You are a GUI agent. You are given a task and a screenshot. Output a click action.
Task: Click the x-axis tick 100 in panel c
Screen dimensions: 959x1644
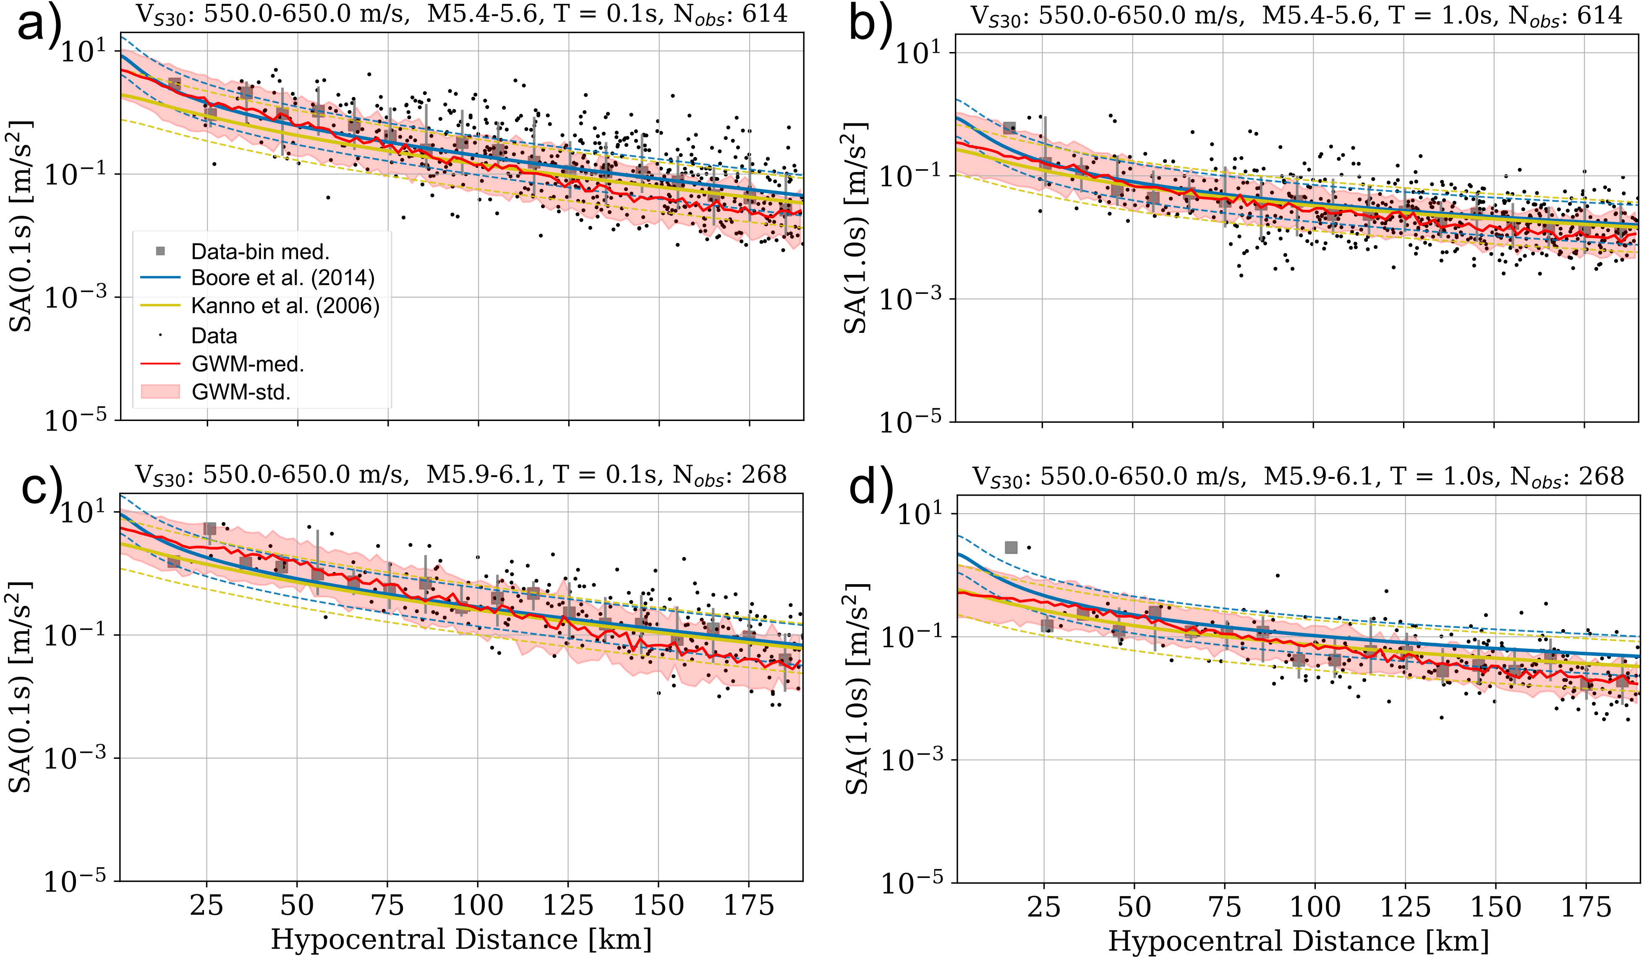[478, 906]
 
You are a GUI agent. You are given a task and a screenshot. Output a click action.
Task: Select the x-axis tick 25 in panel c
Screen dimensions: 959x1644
[207, 906]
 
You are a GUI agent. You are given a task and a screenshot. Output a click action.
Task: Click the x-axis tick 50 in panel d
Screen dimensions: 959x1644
[1134, 907]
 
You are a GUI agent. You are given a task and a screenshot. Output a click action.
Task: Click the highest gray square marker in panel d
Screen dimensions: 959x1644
[1011, 547]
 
